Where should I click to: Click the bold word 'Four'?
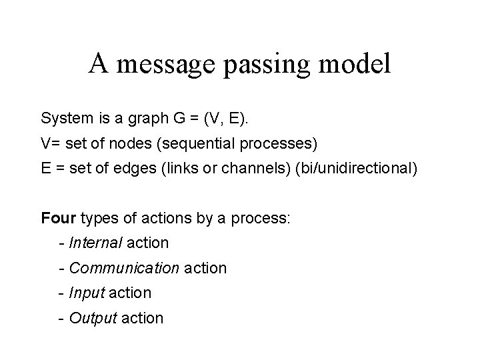(x=58, y=218)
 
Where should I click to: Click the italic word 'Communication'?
(x=124, y=268)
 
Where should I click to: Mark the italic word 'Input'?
(x=87, y=293)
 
